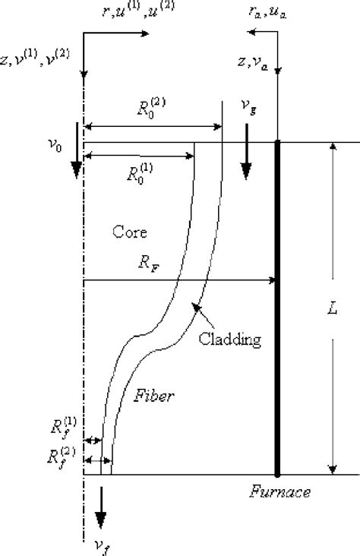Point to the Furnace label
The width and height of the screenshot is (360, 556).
pos(280,492)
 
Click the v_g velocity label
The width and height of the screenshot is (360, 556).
pos(248,110)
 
